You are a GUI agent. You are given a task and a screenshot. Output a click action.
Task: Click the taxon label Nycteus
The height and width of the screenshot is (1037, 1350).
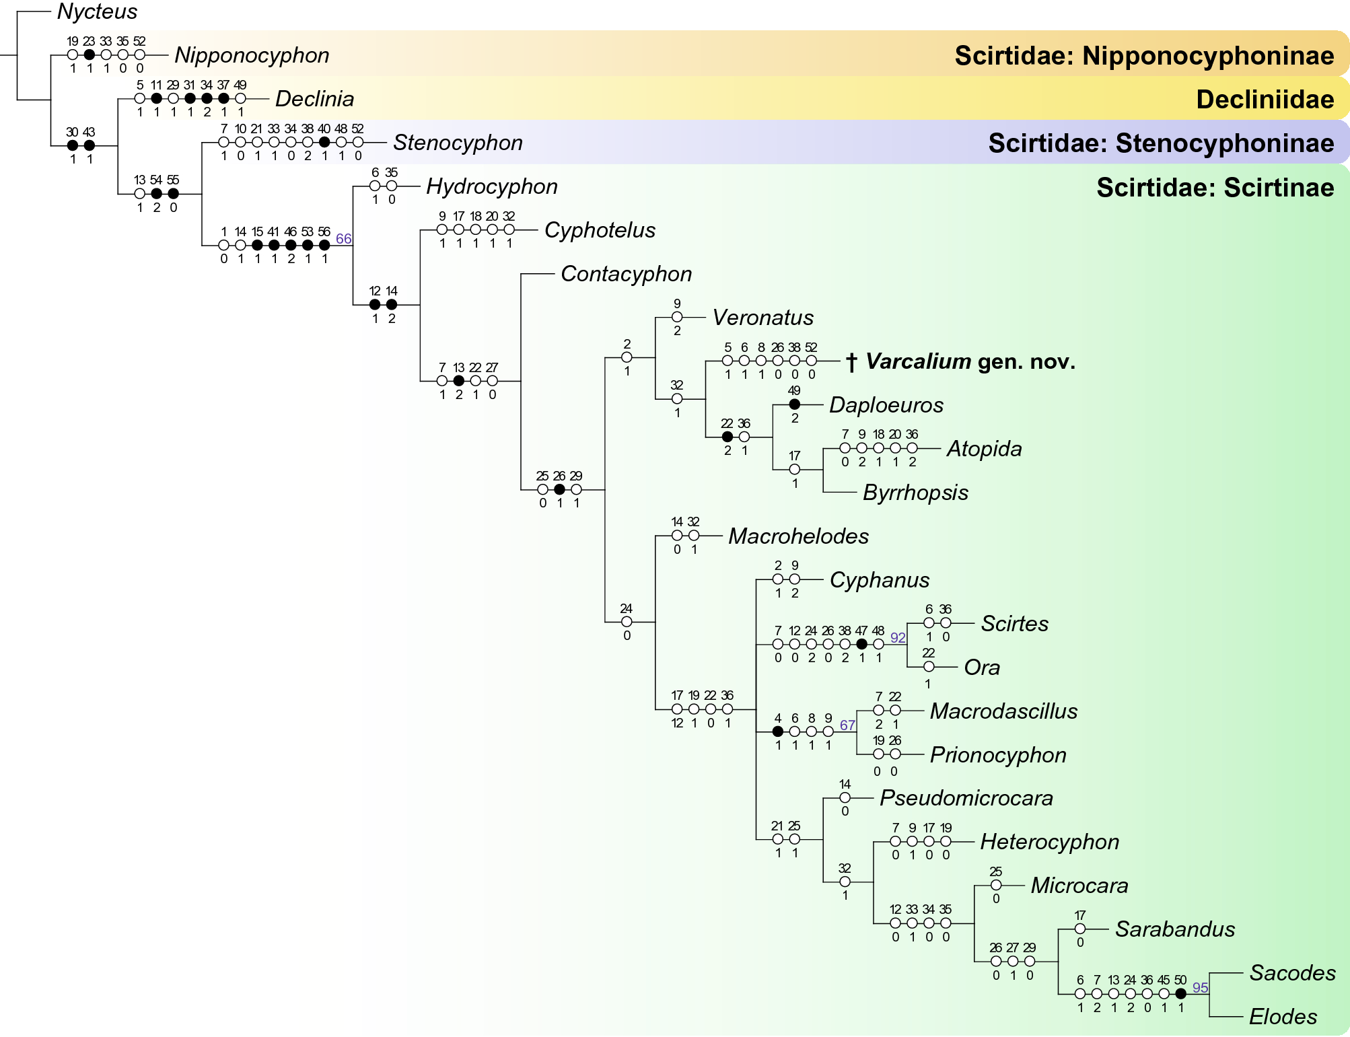tap(97, 11)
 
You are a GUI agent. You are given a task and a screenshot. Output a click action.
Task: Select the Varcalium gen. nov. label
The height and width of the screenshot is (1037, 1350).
tap(969, 361)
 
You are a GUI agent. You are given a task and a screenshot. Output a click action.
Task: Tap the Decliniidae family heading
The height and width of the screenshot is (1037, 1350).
tap(1265, 99)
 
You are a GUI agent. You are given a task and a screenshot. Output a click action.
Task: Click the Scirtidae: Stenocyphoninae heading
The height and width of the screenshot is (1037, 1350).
tap(1160, 143)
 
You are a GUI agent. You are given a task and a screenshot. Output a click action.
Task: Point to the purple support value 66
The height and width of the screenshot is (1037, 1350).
tap(343, 238)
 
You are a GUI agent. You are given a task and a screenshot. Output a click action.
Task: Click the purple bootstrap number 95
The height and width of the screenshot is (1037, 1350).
tap(1200, 987)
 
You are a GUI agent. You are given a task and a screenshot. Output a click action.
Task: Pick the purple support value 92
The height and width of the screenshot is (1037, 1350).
tap(898, 637)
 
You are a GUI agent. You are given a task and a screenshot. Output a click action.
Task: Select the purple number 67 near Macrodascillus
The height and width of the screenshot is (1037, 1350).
tap(847, 725)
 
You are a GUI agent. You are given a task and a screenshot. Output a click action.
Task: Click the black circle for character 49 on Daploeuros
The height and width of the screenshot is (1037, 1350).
tap(794, 404)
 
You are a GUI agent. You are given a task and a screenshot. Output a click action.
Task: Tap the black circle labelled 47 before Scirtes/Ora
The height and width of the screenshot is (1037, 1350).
tap(861, 644)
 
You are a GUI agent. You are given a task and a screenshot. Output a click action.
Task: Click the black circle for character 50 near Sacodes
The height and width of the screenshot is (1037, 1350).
tap(1180, 993)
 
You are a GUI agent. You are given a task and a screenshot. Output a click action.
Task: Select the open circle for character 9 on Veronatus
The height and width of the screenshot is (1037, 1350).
tap(677, 317)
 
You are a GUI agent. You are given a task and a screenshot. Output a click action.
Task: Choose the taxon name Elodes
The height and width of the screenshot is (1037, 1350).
tap(1283, 1016)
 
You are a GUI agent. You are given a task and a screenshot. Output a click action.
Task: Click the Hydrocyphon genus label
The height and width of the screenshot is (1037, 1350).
tap(491, 186)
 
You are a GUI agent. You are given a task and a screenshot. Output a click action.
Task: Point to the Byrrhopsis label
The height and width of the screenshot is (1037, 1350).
tap(915, 493)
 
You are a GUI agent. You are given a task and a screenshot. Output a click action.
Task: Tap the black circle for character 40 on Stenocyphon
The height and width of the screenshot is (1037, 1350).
tap(324, 142)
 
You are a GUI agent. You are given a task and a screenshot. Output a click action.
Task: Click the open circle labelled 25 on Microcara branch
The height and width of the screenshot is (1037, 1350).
tap(996, 885)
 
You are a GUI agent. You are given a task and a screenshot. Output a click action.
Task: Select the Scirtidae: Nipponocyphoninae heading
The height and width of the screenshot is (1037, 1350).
tap(1143, 55)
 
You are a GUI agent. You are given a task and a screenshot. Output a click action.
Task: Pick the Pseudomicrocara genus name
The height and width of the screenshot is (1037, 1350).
tap(966, 798)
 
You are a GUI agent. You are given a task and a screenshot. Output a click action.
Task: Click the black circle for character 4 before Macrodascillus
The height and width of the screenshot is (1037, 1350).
tap(778, 731)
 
